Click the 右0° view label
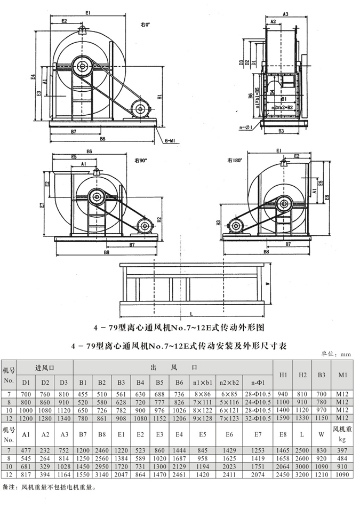point(146,24)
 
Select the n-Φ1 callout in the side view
point(246,127)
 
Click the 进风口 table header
point(45,367)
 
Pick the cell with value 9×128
point(202,418)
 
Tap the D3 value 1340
point(64,418)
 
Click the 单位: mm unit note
point(335,353)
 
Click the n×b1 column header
point(202,382)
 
